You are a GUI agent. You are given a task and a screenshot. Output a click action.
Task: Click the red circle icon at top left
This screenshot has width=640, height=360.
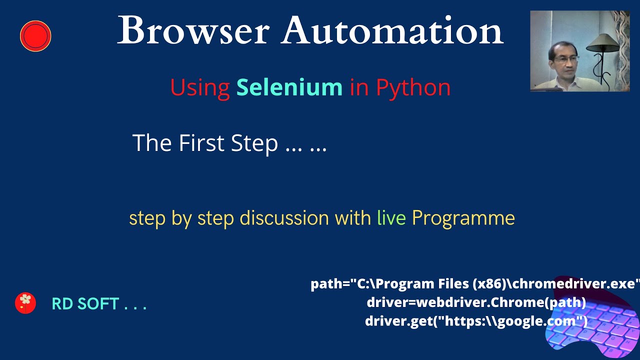coord(35,36)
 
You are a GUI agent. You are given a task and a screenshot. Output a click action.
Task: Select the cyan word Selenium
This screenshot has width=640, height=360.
coord(289,87)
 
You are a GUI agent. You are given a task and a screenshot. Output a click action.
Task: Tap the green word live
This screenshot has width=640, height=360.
coord(391,218)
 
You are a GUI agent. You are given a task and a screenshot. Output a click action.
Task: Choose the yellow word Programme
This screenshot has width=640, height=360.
coord(463,218)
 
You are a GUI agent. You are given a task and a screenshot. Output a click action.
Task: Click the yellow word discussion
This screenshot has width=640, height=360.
coord(284,218)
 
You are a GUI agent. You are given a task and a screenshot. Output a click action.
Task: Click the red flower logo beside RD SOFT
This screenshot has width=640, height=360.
coord(25,303)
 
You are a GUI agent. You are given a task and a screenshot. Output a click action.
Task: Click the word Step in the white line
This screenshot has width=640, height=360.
coord(254,143)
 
